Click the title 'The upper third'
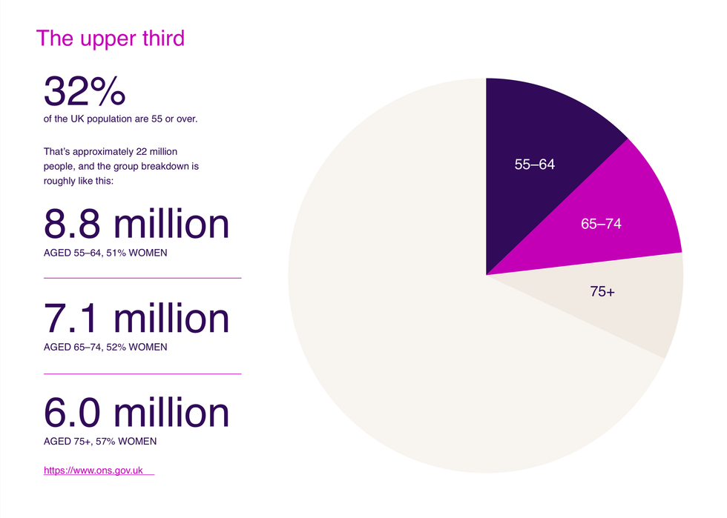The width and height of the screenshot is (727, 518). coord(110,38)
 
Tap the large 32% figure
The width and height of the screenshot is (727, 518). coord(85,93)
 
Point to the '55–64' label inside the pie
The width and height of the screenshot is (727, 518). coord(534,165)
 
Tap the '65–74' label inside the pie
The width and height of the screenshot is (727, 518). coord(601,224)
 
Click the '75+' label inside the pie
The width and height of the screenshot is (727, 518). coord(602,292)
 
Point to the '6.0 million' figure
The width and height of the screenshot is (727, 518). coord(136,412)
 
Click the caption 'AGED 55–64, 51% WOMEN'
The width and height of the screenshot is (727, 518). coord(105,253)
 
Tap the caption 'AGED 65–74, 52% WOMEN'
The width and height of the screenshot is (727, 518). coord(105,347)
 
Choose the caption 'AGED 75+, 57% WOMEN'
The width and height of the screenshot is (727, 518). coord(100,442)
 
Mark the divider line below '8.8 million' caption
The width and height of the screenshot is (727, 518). coord(142,278)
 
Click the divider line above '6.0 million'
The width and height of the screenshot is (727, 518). coord(142,373)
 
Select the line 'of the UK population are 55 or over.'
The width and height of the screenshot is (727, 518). coord(120,119)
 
